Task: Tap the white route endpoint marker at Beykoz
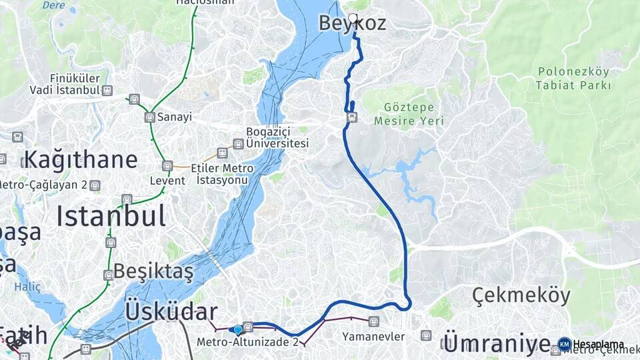pyautogui.click(x=353, y=18)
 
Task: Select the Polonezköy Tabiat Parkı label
pyautogui.click(x=573, y=78)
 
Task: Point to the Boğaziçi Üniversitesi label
pyautogui.click(x=277, y=137)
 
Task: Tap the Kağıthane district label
pyautogui.click(x=81, y=160)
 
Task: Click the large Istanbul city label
pyautogui.click(x=111, y=216)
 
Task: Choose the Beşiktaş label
pyautogui.click(x=153, y=271)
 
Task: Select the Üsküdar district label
pyautogui.click(x=171, y=311)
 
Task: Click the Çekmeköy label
pyautogui.click(x=521, y=295)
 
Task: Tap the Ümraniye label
pyautogui.click(x=496, y=344)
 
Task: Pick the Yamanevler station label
pyautogui.click(x=373, y=337)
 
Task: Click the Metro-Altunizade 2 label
pyautogui.click(x=247, y=342)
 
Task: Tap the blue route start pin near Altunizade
pyautogui.click(x=237, y=329)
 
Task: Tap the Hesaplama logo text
pyautogui.click(x=598, y=344)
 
